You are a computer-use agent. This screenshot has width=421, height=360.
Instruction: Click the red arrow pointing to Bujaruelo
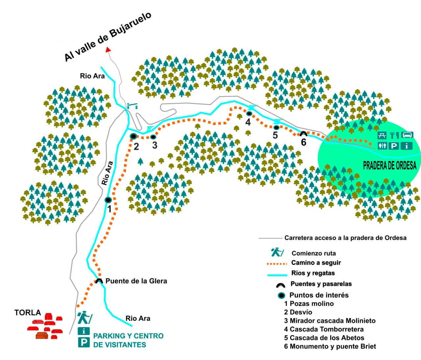tap(108, 49)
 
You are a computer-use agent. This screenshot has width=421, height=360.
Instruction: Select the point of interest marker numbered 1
tap(108, 200)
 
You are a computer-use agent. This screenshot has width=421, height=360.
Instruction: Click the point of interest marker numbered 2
tap(133, 136)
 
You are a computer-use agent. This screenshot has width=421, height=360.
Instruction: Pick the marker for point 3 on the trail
tap(153, 137)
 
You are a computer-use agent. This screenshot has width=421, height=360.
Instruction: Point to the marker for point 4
tap(249, 114)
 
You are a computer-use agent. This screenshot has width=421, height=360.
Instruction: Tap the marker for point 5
tap(276, 127)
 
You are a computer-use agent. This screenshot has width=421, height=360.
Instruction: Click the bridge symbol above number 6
tap(303, 134)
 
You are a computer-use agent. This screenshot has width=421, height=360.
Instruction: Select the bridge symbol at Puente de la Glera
tap(99, 281)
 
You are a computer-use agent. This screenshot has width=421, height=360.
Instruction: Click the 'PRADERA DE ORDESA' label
tap(389, 166)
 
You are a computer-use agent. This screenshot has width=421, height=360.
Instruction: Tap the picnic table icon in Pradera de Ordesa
tap(382, 135)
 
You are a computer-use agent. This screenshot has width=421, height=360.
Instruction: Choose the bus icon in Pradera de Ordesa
tap(408, 135)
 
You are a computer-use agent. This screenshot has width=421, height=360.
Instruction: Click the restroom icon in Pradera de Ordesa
tap(382, 145)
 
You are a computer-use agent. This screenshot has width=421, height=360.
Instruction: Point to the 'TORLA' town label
tap(28, 313)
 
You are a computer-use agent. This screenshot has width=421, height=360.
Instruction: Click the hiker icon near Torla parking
tap(84, 318)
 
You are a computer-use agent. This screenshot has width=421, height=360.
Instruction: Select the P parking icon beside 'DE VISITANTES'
tap(84, 342)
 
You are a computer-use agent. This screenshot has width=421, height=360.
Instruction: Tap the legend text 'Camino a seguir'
tap(316, 263)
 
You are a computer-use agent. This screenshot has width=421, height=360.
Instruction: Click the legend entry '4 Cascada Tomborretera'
tap(324, 329)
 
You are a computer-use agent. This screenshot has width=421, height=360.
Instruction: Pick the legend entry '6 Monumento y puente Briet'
tap(330, 346)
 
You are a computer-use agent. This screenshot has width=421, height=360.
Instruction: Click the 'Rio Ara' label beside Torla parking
tap(138, 318)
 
